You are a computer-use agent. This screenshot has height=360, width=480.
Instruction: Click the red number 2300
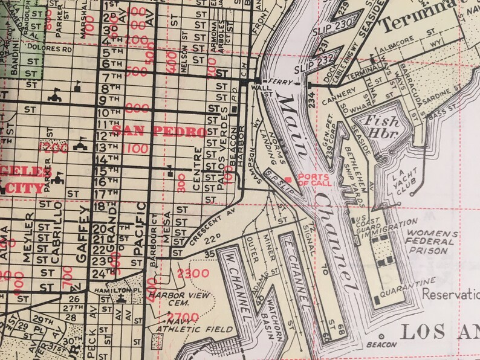(193, 273)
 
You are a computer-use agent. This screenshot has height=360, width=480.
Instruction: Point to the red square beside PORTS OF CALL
(288, 179)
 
